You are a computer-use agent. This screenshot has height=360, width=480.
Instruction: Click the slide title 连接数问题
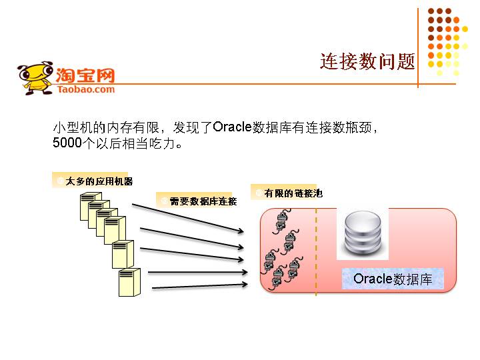[367, 61]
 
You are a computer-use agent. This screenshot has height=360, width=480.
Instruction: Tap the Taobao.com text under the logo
[86, 89]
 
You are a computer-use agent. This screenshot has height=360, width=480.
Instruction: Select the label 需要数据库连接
[198, 201]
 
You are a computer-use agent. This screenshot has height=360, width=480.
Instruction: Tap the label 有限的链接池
[289, 193]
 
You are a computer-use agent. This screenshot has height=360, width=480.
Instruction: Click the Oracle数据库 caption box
[393, 279]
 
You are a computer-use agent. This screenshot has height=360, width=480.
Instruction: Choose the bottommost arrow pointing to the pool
[200, 287]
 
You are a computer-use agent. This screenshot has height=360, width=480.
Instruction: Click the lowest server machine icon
[129, 282]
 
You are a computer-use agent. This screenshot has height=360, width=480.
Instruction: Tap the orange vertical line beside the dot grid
[418, 47]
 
